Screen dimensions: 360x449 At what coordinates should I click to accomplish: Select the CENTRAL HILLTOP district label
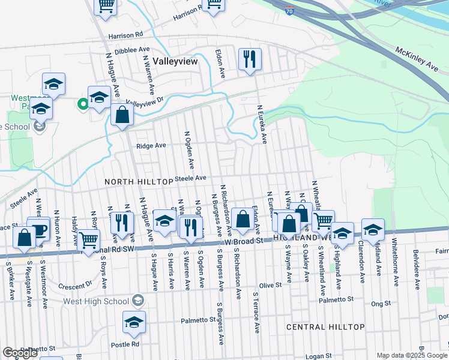coord(325,327)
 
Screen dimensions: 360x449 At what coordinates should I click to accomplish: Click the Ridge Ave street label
coord(151,146)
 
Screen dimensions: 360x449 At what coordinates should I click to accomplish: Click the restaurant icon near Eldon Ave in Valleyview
coord(249,59)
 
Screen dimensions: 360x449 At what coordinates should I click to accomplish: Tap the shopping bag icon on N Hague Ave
coord(122,116)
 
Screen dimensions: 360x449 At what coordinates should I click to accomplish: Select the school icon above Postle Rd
coord(134,322)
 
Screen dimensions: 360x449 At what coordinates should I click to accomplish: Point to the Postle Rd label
coord(128,344)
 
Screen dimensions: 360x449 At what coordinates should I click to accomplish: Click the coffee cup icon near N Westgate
coord(40,229)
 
